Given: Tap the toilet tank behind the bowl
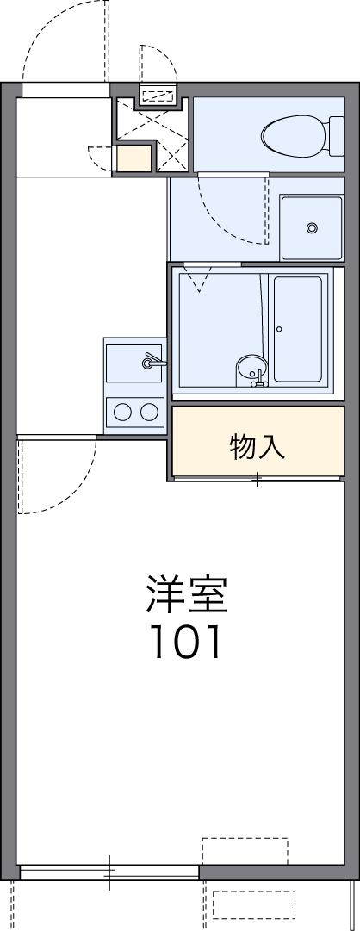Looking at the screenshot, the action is pyautogui.click(x=337, y=136).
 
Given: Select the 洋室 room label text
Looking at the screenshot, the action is pyautogui.click(x=187, y=593).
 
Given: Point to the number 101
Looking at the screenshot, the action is pyautogui.click(x=187, y=641).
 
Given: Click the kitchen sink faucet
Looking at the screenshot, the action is pyautogui.click(x=154, y=360).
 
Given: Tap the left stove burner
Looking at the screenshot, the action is pyautogui.click(x=122, y=411).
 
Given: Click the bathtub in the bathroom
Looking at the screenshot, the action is pyautogui.click(x=298, y=328).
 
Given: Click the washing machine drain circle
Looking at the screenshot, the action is pyautogui.click(x=312, y=227).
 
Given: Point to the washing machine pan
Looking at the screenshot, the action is pyautogui.click(x=312, y=228).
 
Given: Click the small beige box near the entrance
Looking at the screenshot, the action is pyautogui.click(x=133, y=158).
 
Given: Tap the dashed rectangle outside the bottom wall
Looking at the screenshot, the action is pyautogui.click(x=254, y=904).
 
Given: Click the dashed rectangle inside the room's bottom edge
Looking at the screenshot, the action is pyautogui.click(x=245, y=851).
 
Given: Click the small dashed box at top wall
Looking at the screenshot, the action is pyautogui.click(x=158, y=94).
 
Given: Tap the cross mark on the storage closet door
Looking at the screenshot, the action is pyautogui.click(x=258, y=479).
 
